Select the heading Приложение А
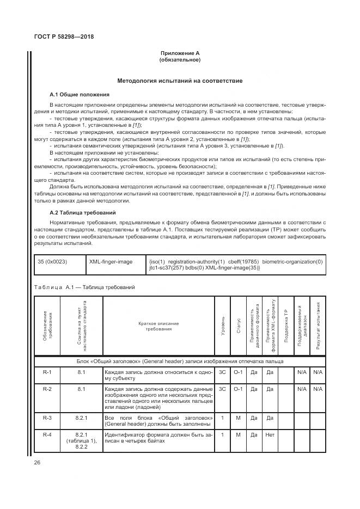[180, 53]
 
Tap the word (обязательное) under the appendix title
[180, 59]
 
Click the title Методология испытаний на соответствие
[180, 81]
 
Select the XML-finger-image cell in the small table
[111, 261]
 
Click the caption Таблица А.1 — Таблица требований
[84, 287]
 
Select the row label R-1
[47, 373]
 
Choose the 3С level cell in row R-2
[223, 389]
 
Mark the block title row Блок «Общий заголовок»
[180, 361]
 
